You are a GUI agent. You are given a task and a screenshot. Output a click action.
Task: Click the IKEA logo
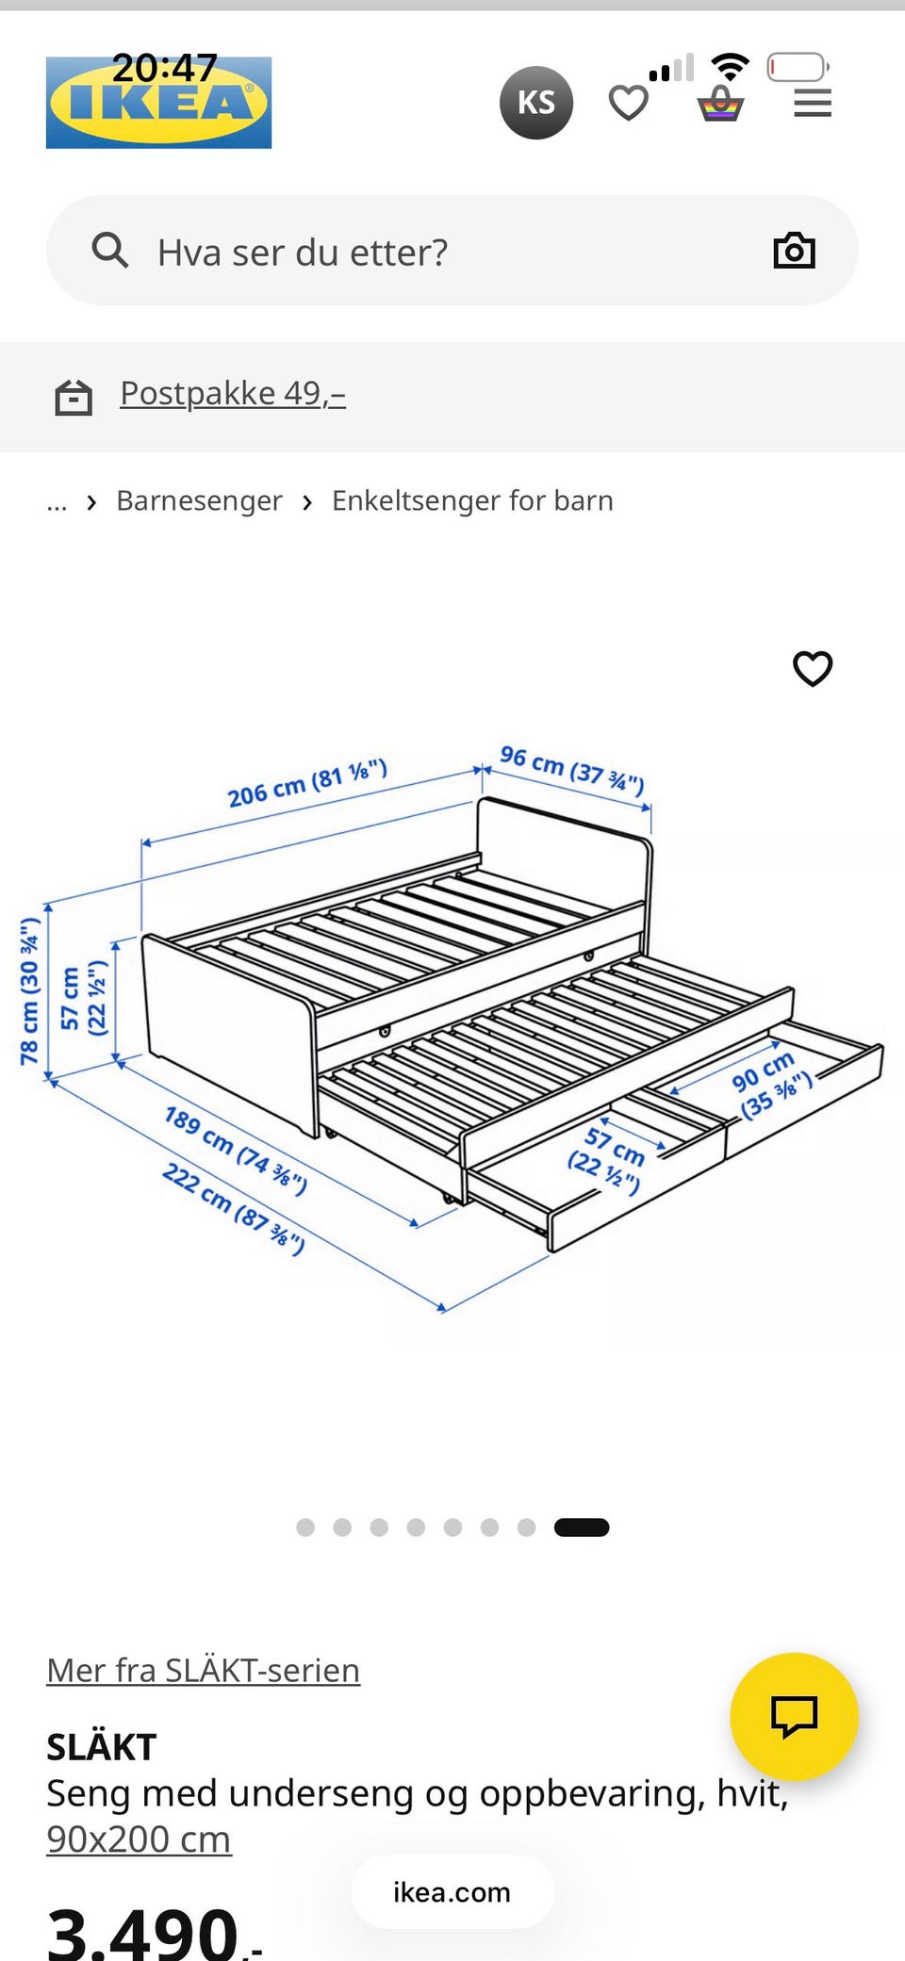(158, 103)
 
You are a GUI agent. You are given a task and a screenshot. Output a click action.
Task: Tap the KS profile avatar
(536, 103)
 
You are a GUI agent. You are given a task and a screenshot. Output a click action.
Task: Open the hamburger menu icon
(813, 104)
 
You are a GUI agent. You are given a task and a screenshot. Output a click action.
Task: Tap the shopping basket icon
(721, 104)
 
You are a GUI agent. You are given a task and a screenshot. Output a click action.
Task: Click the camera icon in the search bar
(794, 251)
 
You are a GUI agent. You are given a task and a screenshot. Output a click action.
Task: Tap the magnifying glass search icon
(110, 251)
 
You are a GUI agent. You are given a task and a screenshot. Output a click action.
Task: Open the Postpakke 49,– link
(233, 393)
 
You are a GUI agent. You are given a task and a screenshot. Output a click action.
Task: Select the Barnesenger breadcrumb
(199, 500)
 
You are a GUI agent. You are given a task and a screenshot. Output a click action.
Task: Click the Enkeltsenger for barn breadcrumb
(472, 500)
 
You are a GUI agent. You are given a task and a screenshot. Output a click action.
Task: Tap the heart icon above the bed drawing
(813, 669)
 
